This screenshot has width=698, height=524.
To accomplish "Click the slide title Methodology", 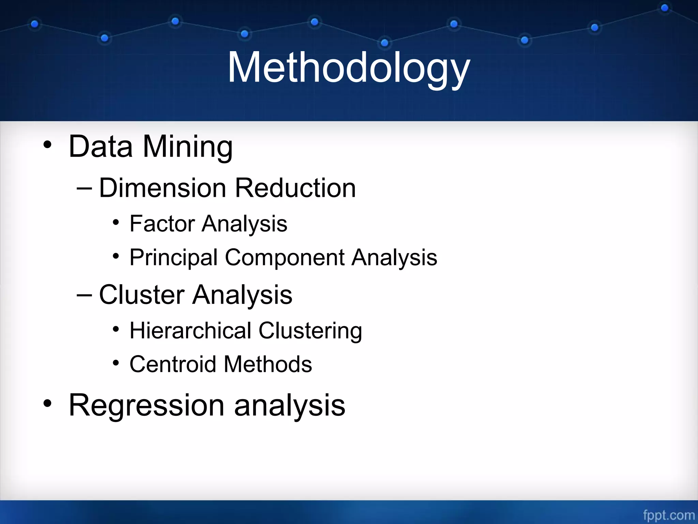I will pos(348,68).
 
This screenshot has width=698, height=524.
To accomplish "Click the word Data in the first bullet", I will pos(101,147).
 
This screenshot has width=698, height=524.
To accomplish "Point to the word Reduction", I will pos(295,188).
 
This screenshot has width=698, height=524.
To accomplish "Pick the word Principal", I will pos(173,258).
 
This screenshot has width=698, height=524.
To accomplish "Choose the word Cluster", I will pos(142,295).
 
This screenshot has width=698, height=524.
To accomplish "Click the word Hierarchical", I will pos(191,331).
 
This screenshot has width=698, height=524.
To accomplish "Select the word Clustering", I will pos(310,331).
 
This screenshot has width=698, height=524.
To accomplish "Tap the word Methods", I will pos(268,364).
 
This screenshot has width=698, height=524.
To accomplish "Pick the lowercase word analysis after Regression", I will pos(290,405).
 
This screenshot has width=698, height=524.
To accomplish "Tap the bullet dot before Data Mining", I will pos(47,145).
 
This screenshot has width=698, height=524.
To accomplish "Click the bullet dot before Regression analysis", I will pos(47,404).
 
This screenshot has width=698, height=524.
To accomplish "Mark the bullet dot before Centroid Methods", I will pos(116,363).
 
